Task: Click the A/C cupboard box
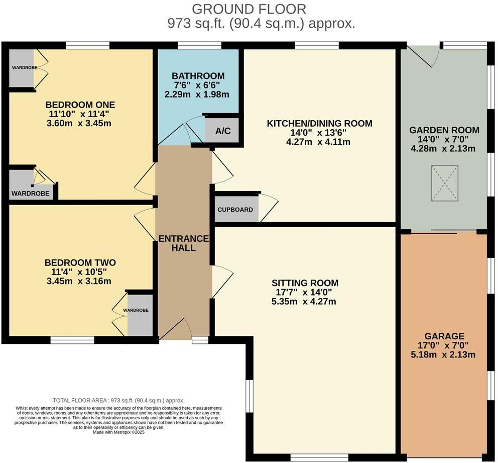(222, 131)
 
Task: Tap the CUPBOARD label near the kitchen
(235, 210)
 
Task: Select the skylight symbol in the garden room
(445, 183)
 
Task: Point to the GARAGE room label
(444, 336)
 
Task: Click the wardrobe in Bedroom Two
(140, 314)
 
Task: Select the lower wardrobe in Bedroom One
(30, 184)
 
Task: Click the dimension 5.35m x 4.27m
(304, 302)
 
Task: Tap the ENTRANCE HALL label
(183, 243)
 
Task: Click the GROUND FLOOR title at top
(249, 9)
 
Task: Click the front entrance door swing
(175, 329)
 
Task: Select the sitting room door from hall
(222, 282)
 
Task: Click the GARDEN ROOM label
(444, 130)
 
